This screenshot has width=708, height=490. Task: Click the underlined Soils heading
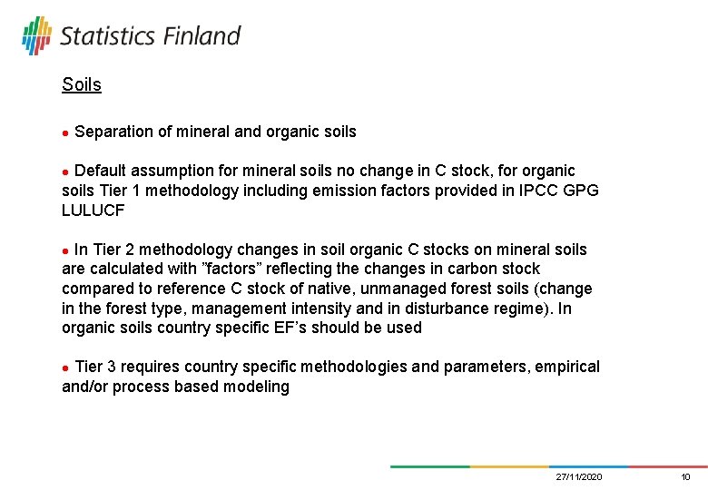click(x=82, y=85)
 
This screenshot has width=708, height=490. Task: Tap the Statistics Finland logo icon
click(x=36, y=35)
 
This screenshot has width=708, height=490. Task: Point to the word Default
click(x=102, y=171)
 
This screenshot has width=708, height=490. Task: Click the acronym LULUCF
click(x=93, y=211)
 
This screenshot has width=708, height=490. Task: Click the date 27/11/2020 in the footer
click(x=579, y=477)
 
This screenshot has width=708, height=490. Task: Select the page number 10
click(x=685, y=477)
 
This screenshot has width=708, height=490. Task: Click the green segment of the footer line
click(x=430, y=466)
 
